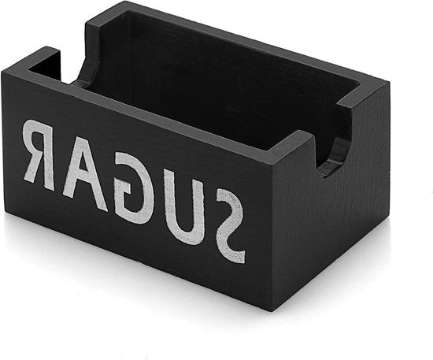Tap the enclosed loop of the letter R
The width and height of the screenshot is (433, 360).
click(x=39, y=141)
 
